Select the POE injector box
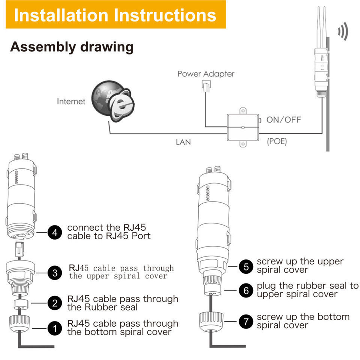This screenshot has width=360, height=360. [243, 128]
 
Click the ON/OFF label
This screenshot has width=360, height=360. [284, 120]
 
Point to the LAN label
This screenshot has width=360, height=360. [183, 142]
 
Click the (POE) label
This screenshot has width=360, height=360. [277, 142]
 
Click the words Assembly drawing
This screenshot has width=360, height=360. [72, 47]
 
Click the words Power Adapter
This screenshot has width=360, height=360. [206, 74]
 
